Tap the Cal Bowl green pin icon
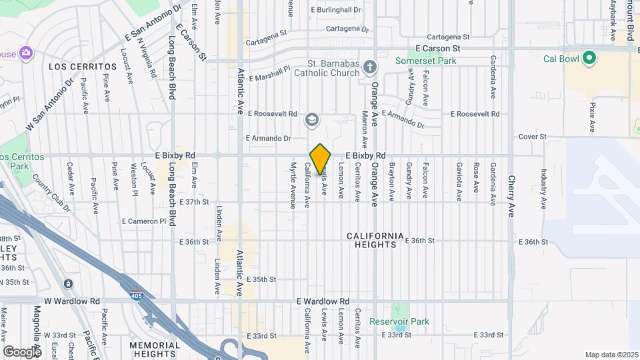pyautogui.click(x=589, y=58)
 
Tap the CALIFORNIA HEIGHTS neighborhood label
pyautogui.click(x=375, y=240)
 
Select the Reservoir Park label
pyautogui.click(x=399, y=321)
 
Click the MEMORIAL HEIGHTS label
pyautogui.click(x=155, y=349)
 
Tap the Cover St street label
pyautogui.click(x=533, y=137)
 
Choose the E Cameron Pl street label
pyautogui.click(x=143, y=221)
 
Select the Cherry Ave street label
pyautogui.click(x=511, y=197)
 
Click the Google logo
pyautogui.click(x=22, y=351)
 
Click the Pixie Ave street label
pyautogui.click(x=592, y=115)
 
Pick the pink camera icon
pyautogui.click(x=25, y=53)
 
